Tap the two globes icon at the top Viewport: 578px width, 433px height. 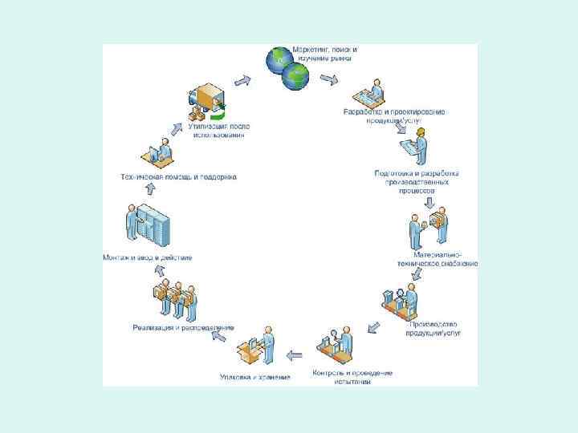(x=287, y=67)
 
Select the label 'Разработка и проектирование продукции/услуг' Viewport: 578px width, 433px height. (x=393, y=115)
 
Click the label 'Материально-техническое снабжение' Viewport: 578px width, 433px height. (x=438, y=259)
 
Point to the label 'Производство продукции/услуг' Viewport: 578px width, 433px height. (x=433, y=327)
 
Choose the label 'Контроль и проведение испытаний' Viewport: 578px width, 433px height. (x=352, y=377)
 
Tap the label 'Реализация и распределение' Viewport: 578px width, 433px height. (x=183, y=327)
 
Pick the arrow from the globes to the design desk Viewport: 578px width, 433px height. (x=328, y=79)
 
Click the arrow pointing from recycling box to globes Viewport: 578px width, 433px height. (x=243, y=79)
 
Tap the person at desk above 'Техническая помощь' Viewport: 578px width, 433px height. (x=159, y=150)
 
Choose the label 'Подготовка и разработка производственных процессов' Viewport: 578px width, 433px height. (x=416, y=182)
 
